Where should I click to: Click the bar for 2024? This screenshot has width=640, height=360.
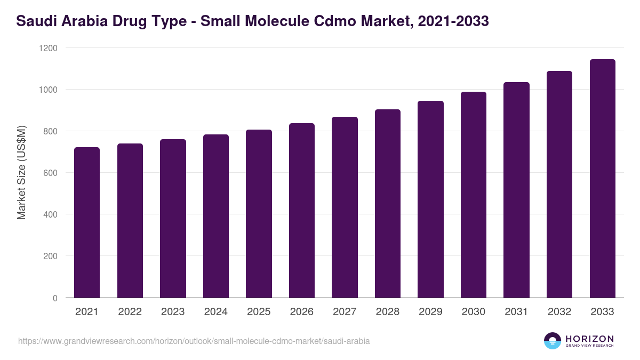(216, 216)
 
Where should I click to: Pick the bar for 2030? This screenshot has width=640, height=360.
(474, 195)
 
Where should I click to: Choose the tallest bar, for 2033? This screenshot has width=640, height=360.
(602, 179)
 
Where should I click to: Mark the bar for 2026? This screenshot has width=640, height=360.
(302, 211)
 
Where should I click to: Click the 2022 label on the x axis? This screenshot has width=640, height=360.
(130, 312)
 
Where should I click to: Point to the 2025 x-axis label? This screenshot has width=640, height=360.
(259, 312)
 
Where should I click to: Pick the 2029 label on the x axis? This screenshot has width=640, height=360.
(430, 312)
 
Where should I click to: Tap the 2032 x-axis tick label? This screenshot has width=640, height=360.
(559, 312)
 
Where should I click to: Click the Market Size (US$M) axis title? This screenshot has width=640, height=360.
(21, 173)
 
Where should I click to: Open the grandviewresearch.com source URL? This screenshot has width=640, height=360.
(194, 341)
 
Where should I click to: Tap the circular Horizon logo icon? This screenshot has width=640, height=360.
(553, 341)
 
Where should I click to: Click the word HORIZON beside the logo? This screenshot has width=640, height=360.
(589, 338)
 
